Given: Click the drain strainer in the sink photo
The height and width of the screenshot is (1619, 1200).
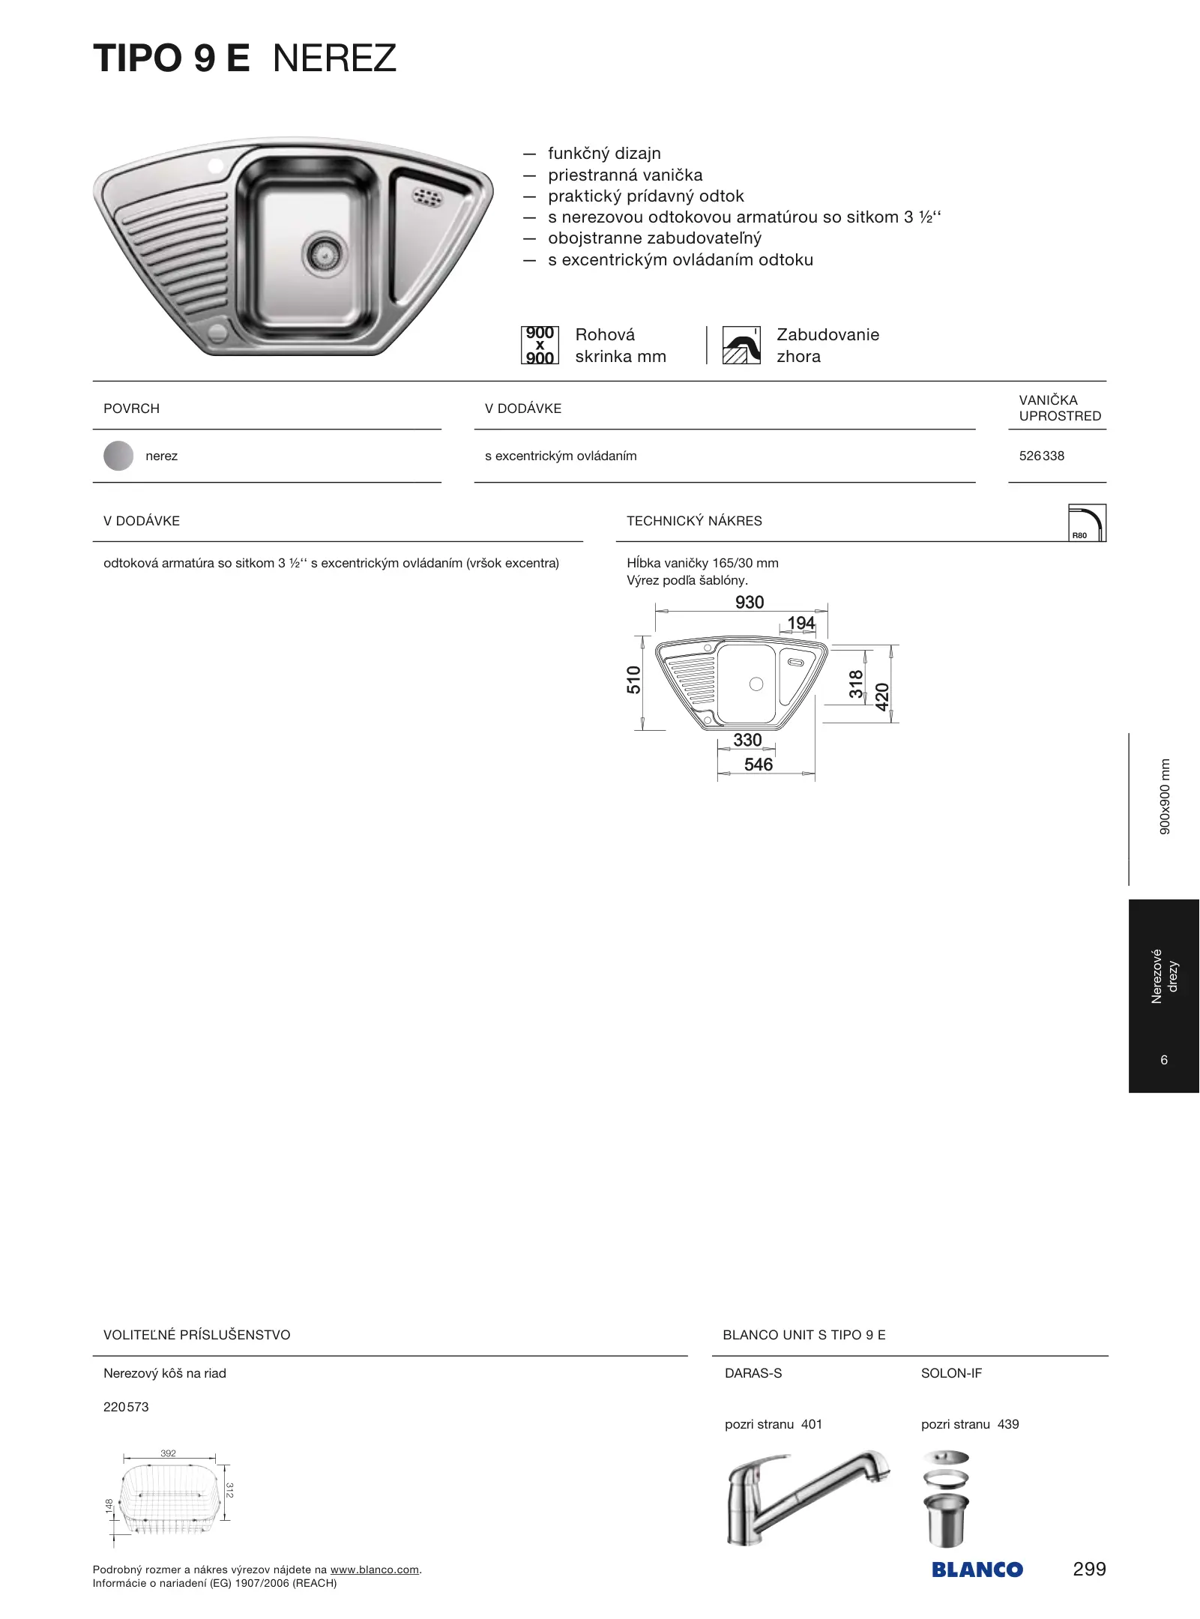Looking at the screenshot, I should point(325,253).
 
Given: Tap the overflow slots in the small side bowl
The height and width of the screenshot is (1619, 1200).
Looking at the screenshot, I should point(427,197).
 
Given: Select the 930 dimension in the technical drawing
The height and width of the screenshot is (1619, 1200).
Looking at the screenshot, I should point(750,603).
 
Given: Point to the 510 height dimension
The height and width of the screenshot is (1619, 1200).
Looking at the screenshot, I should point(634,680).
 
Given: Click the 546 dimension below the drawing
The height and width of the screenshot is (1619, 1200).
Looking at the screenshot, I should point(758,765).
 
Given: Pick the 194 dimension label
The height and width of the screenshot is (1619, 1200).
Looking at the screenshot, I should point(800,623).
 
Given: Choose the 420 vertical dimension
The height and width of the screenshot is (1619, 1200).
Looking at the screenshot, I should point(882,697).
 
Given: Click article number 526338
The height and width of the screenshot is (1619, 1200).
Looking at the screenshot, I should point(1041,456).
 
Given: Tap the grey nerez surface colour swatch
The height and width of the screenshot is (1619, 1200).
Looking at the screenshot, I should point(118,456).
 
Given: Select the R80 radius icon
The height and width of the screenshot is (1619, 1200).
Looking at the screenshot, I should point(1086,522).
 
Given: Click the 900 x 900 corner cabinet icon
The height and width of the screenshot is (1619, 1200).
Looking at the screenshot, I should point(540,345).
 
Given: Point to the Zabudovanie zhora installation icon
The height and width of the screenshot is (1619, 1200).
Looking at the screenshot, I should point(741,345).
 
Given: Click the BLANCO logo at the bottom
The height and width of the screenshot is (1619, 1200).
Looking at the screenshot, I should point(977,1570).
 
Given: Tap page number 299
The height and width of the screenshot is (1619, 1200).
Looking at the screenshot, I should point(1089,1569).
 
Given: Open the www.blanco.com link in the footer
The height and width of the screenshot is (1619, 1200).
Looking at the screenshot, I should point(374,1570).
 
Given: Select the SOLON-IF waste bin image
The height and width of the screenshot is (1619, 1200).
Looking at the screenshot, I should point(946,1499).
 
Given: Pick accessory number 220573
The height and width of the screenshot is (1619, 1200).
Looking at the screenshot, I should point(126,1407).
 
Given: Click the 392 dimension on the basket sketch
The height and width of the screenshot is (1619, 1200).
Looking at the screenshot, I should point(169,1453).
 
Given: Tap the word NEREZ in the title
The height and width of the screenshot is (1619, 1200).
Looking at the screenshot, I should point(334,58).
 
